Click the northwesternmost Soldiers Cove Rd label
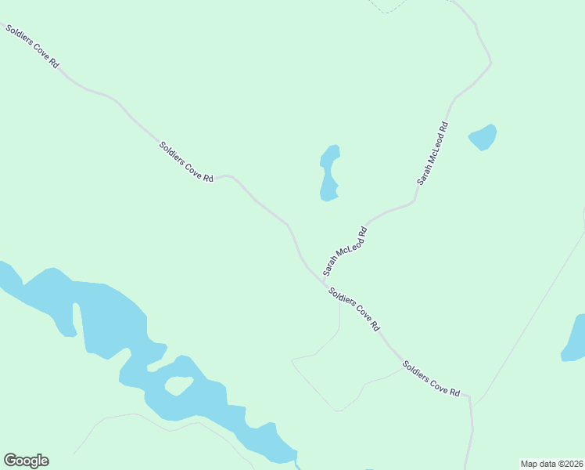[x=32, y=47]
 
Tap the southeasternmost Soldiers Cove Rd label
[x=431, y=378]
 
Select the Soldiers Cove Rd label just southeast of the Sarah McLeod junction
[x=354, y=308]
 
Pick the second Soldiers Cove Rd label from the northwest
[x=186, y=161]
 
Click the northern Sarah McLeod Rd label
[x=432, y=153]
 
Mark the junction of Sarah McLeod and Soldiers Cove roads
[x=322, y=277]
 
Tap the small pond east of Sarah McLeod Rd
[x=483, y=138]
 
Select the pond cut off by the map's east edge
[x=575, y=338]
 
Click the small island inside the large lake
[x=178, y=385]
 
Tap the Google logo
[x=26, y=461]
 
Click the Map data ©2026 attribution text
[x=551, y=464]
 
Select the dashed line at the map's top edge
[x=387, y=8]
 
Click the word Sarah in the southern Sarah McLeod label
[x=331, y=265]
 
